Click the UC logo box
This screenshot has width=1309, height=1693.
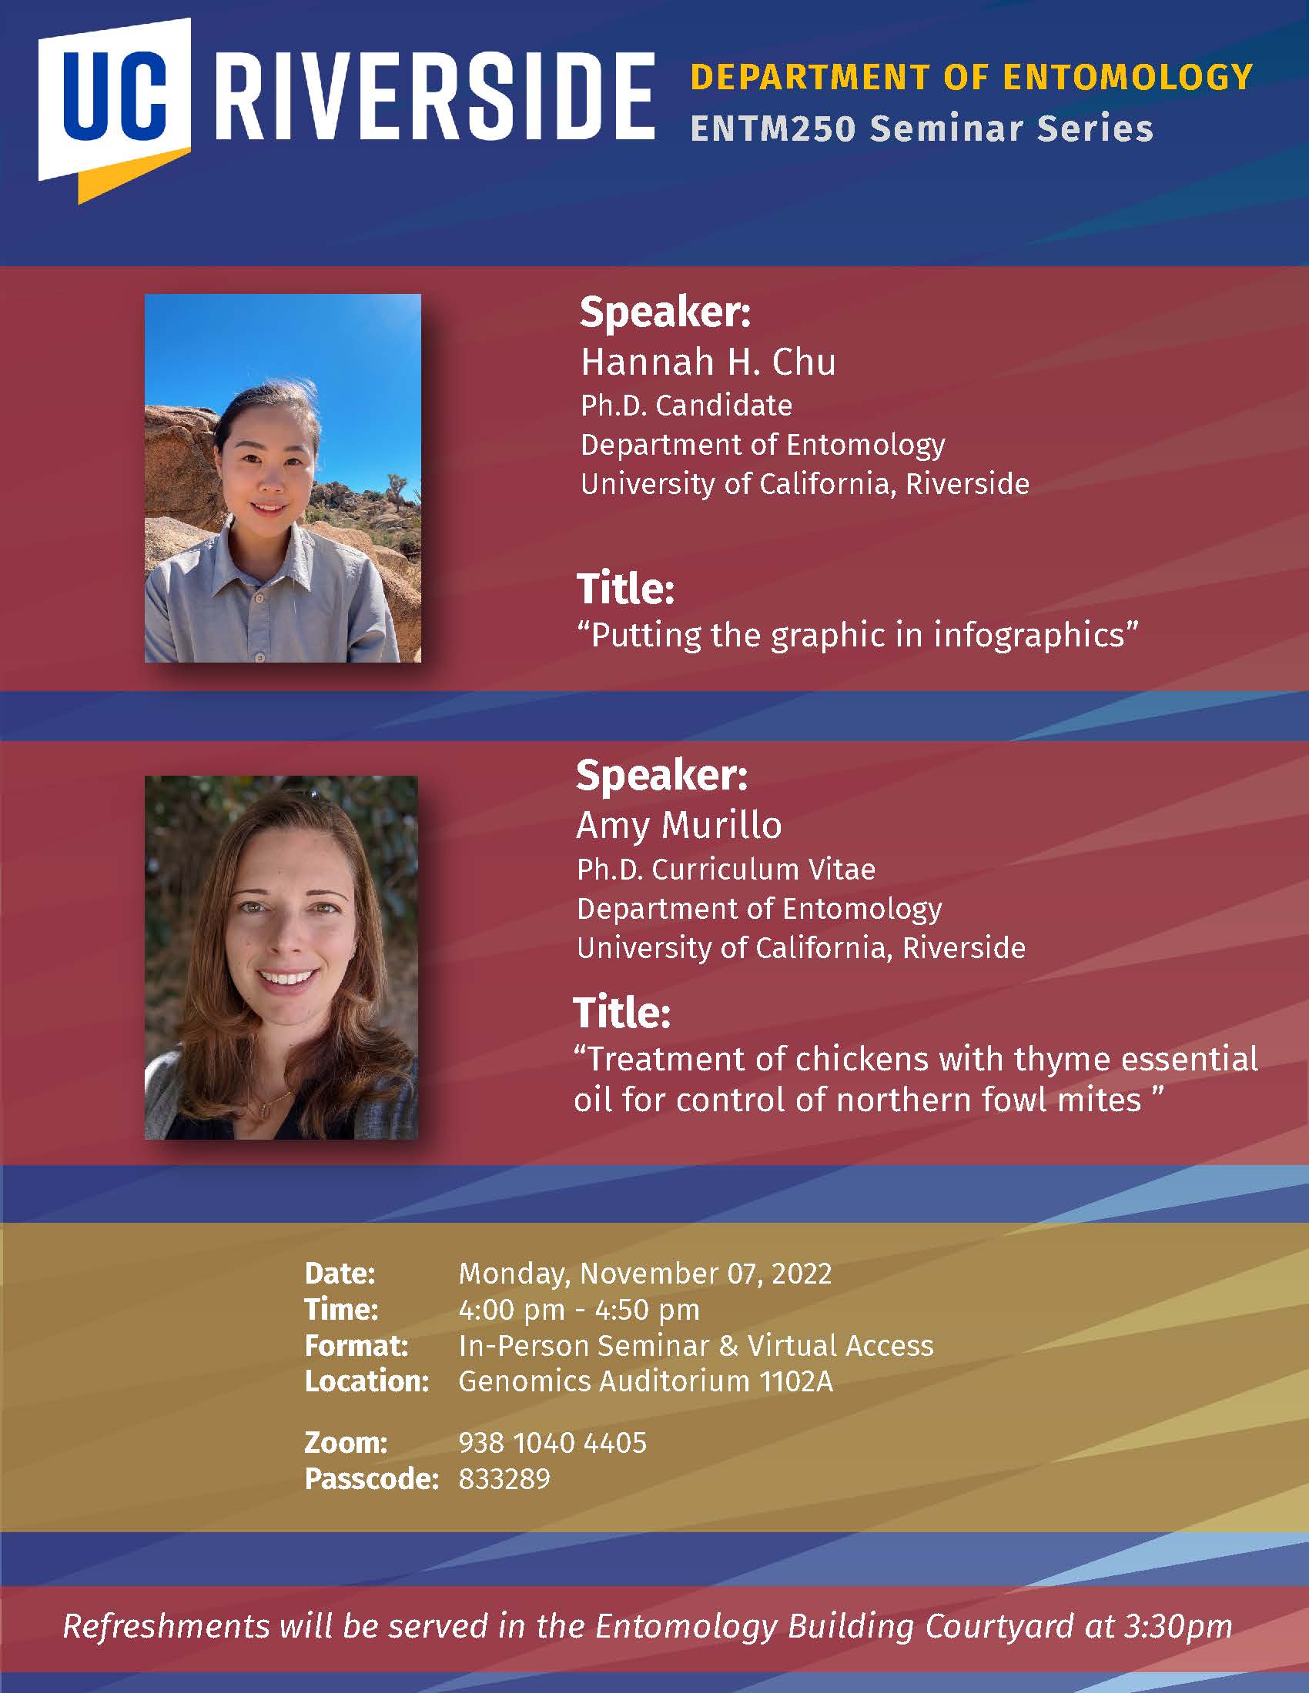pyautogui.click(x=115, y=109)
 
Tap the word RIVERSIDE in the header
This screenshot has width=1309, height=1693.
pyautogui.click(x=435, y=99)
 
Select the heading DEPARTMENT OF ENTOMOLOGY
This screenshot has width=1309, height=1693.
pyautogui.click(x=972, y=77)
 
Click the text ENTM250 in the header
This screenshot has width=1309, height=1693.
pyautogui.click(x=773, y=129)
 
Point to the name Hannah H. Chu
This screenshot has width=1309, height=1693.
pyautogui.click(x=708, y=362)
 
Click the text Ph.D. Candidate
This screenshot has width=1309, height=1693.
pyautogui.click(x=687, y=406)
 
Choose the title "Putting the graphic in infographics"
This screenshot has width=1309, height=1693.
pyautogui.click(x=858, y=635)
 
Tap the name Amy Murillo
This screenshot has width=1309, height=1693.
pyautogui.click(x=679, y=825)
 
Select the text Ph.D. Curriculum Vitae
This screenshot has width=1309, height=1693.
pyautogui.click(x=726, y=870)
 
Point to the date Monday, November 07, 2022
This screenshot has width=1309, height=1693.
pyautogui.click(x=645, y=1274)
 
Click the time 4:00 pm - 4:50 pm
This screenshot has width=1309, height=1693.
pyautogui.click(x=579, y=1310)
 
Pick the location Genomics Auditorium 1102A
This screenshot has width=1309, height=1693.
pyautogui.click(x=646, y=1381)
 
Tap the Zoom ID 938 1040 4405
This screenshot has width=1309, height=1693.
pyautogui.click(x=552, y=1443)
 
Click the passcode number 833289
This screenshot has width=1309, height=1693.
pyautogui.click(x=504, y=1479)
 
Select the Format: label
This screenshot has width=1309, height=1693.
pyautogui.click(x=357, y=1346)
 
